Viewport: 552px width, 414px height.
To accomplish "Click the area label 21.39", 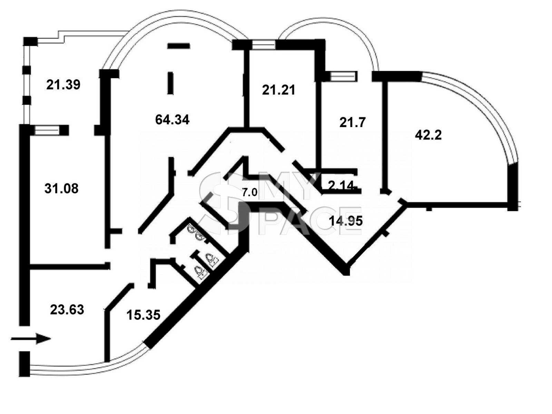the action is click(x=63, y=85).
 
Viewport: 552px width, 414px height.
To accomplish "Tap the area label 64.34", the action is click(x=172, y=120).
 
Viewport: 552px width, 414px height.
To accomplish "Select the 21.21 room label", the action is click(x=278, y=90).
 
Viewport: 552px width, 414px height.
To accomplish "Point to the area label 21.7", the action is click(x=352, y=123).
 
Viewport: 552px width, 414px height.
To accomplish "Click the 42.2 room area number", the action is click(x=428, y=136).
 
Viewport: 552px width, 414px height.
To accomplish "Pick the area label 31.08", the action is click(x=61, y=188).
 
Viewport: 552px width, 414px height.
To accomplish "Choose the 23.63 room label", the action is click(x=67, y=310).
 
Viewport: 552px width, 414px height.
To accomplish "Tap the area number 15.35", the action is click(x=143, y=315).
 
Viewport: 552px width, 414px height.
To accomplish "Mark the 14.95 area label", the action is click(x=346, y=221).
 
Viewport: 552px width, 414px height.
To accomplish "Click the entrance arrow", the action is click(x=31, y=338).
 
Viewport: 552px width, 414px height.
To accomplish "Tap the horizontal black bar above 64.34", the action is click(x=179, y=46).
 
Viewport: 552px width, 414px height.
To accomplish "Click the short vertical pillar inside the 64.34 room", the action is click(x=170, y=83).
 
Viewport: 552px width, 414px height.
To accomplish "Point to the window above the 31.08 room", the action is click(x=47, y=130).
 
